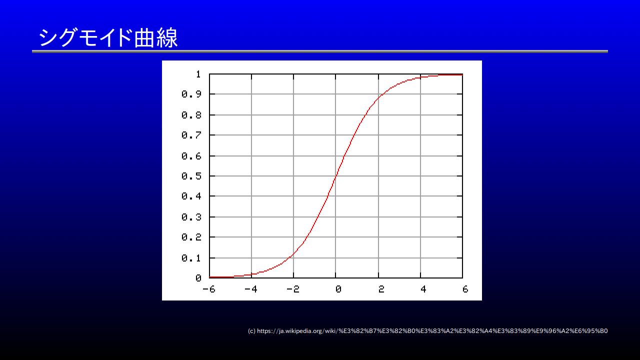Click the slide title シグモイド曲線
pos(108,37)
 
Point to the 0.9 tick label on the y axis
pos(191,94)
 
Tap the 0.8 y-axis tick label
pos(191,115)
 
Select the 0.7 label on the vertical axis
pos(191,135)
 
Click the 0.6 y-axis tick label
pos(191,156)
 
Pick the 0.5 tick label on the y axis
pos(191,176)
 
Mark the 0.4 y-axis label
pos(191,196)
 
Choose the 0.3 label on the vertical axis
pos(191,217)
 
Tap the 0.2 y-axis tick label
pos(191,237)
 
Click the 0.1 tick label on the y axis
pos(191,258)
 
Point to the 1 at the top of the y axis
pos(198,74)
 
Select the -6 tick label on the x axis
pos(209,289)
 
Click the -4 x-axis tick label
pos(251,289)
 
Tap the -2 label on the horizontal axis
pos(293,289)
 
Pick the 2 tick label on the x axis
pos(381,289)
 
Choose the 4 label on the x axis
pos(423,289)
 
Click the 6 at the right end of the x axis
pos(465,289)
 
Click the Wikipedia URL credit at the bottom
pos(427,331)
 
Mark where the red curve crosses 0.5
pos(335,176)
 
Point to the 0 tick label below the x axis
pos(338,289)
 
